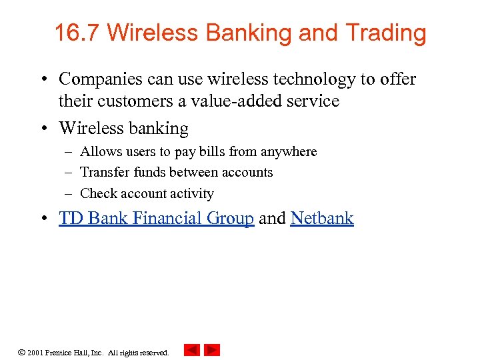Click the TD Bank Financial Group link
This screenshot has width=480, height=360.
pyautogui.click(x=156, y=218)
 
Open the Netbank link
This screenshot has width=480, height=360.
pyautogui.click(x=322, y=218)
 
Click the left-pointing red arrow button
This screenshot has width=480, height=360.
pyautogui.click(x=192, y=350)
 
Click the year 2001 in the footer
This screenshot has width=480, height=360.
pyautogui.click(x=35, y=353)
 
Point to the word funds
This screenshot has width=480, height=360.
pyautogui.click(x=147, y=172)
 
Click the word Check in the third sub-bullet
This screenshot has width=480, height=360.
pyautogui.click(x=97, y=194)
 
